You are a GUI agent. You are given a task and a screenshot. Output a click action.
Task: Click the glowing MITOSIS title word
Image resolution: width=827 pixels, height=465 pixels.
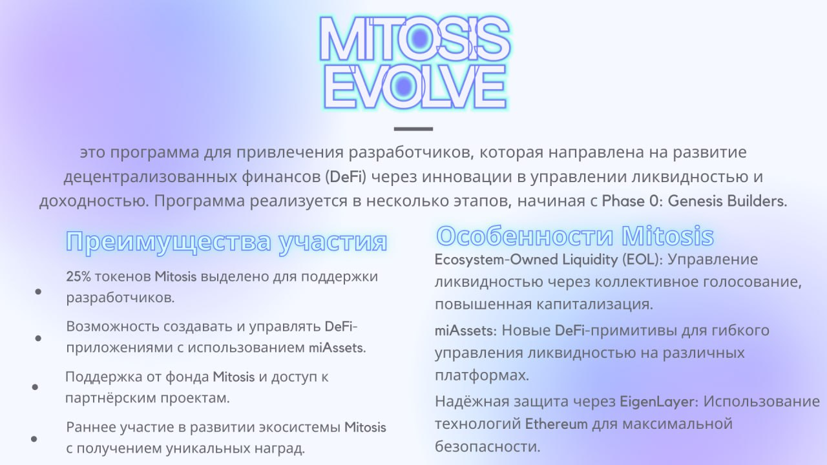coord(414,38)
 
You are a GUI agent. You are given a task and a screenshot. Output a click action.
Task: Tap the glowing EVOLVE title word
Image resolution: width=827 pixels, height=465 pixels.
coord(415,87)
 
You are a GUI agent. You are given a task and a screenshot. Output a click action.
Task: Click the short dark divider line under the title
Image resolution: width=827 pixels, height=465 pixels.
coord(413,129)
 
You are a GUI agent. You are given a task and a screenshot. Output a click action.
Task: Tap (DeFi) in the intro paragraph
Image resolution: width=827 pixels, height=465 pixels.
coord(346,176)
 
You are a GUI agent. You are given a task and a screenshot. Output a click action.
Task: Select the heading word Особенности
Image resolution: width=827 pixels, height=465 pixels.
coord(525,236)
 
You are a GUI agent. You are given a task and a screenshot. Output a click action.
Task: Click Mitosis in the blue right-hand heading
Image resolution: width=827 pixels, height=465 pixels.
coord(668,236)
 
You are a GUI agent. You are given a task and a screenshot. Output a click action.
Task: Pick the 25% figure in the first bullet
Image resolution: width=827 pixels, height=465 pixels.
coord(78,276)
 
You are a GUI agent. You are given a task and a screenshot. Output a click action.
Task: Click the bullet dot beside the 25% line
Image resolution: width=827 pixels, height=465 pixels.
coord(38,291)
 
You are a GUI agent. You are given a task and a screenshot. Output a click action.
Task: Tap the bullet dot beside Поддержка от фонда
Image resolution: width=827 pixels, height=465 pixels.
coord(35,387)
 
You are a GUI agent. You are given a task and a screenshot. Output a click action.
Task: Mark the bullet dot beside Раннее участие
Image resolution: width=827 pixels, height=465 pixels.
coord(34,439)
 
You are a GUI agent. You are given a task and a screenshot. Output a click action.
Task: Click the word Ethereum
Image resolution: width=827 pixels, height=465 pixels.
coord(556,424)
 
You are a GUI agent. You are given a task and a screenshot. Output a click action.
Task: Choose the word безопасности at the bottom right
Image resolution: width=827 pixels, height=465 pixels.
coord(487,446)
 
